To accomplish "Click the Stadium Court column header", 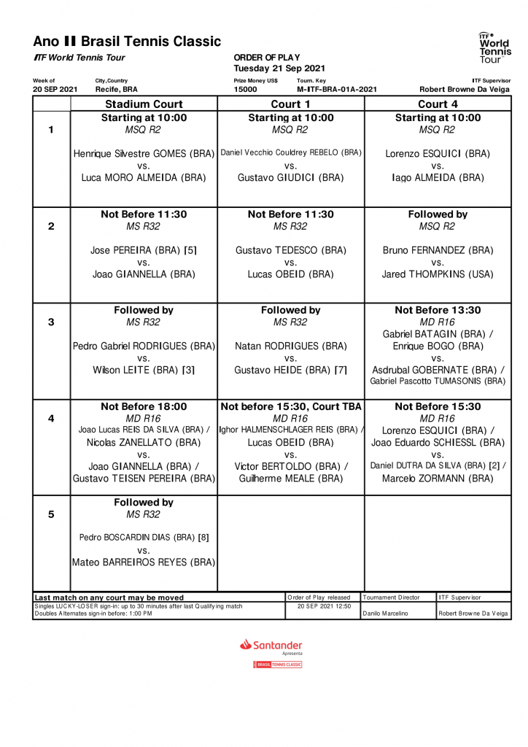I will pyautogui.click(x=144, y=104).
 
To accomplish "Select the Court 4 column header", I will pyautogui.click(x=438, y=104).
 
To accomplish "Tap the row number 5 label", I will pyautogui.click(x=51, y=514).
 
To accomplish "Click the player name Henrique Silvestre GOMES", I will pyautogui.click(x=144, y=154).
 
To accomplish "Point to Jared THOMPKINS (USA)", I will pyautogui.click(x=438, y=274).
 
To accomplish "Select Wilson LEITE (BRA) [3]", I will pyautogui.click(x=144, y=370).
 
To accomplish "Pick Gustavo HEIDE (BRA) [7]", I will pyautogui.click(x=290, y=370).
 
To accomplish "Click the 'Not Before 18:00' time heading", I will pyautogui.click(x=144, y=406).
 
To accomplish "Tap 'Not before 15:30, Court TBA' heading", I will pyautogui.click(x=290, y=406).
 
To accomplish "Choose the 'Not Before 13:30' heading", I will pyautogui.click(x=438, y=310).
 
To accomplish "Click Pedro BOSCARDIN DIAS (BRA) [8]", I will pyautogui.click(x=144, y=538).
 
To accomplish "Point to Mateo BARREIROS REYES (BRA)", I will pyautogui.click(x=144, y=562).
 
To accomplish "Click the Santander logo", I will pyautogui.click(x=271, y=645).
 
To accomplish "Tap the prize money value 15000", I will pyautogui.click(x=245, y=89).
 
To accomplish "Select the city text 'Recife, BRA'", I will pyautogui.click(x=116, y=89).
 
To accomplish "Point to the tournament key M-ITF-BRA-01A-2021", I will pyautogui.click(x=337, y=89).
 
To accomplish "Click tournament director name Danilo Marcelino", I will pyautogui.click(x=387, y=614).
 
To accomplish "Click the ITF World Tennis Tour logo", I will pyautogui.click(x=494, y=47).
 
